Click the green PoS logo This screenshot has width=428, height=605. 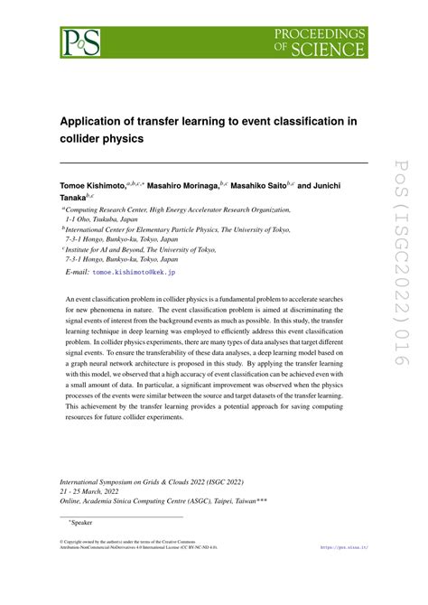point(79,40)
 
